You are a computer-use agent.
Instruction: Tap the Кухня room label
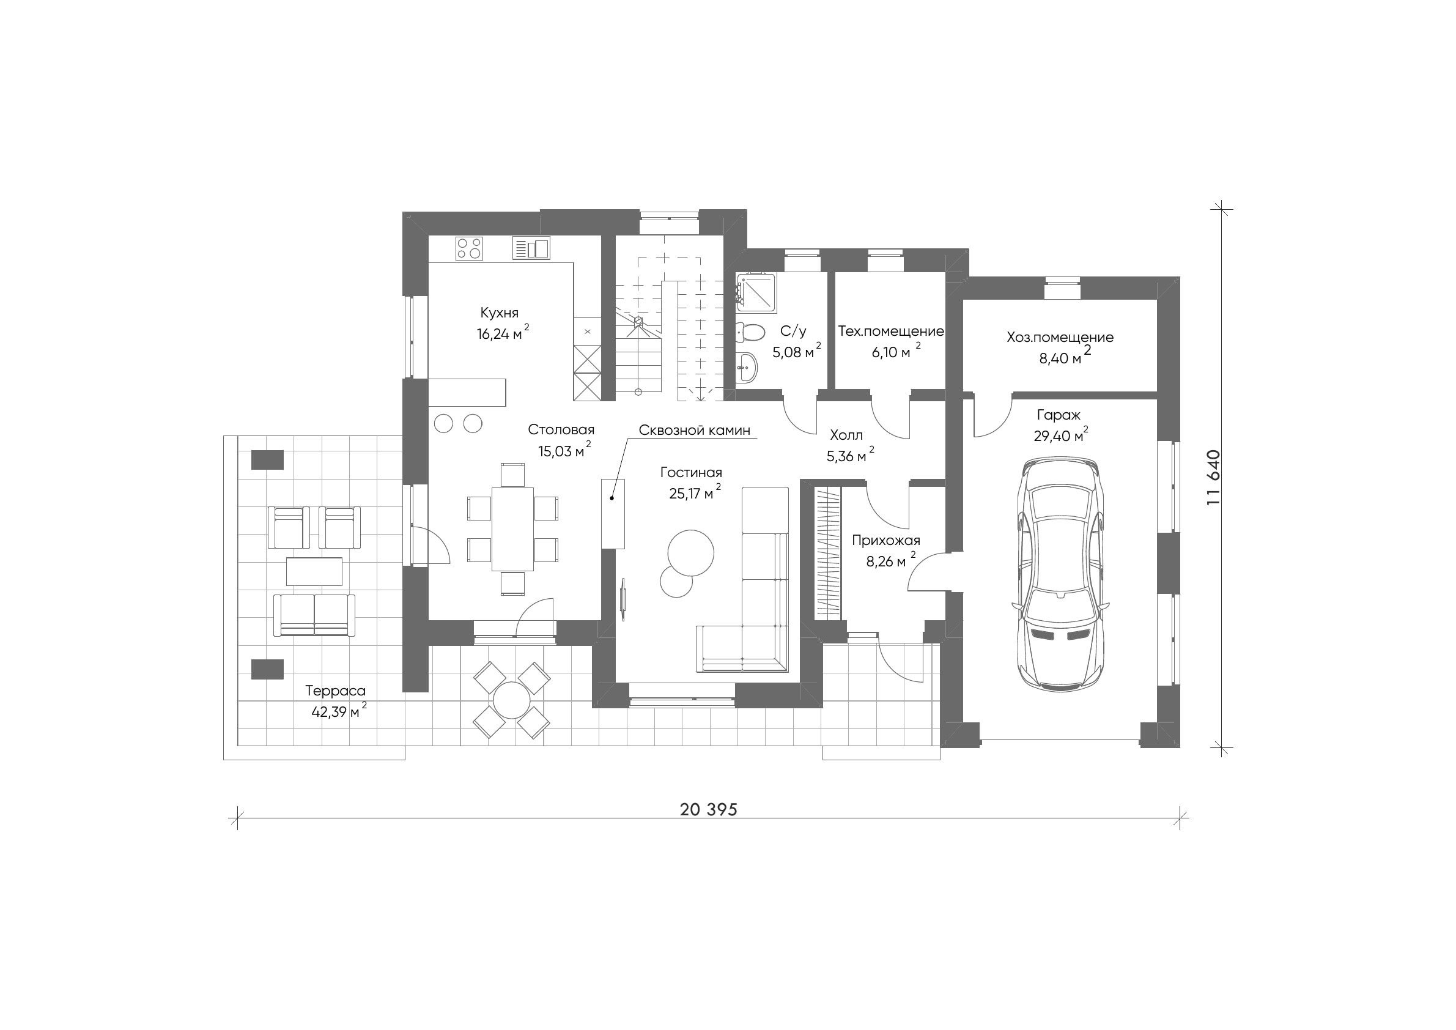click(499, 313)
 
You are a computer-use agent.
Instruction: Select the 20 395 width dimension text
click(709, 810)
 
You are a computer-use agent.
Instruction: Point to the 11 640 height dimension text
click(1213, 477)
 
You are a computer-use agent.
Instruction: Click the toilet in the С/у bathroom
click(750, 330)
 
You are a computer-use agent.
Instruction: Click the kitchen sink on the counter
click(531, 247)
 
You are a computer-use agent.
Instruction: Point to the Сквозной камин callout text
click(695, 430)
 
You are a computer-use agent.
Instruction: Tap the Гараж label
click(1059, 415)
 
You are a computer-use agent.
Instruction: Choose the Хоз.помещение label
click(1060, 338)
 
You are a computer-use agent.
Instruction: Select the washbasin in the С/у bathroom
click(747, 366)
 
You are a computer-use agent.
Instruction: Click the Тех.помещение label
click(891, 331)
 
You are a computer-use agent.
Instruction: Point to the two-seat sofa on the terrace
click(314, 615)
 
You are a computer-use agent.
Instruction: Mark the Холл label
click(846, 435)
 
